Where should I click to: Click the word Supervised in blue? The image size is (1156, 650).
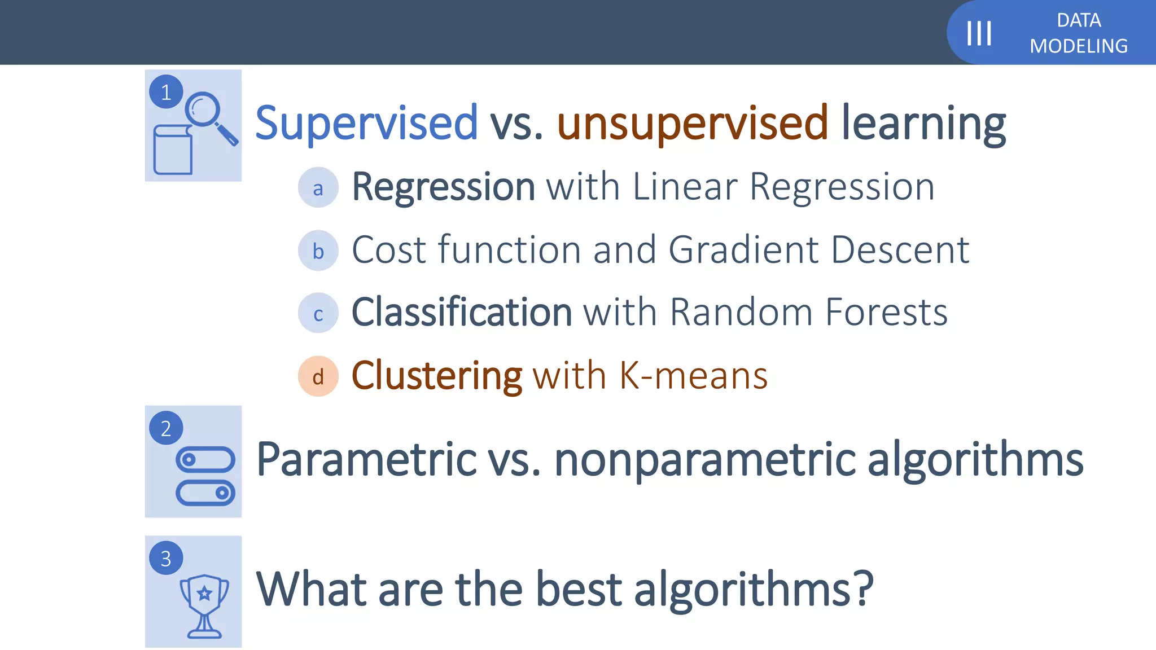tap(366, 123)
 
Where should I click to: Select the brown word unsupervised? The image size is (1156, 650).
tap(693, 123)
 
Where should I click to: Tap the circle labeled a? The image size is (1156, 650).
tap(318, 188)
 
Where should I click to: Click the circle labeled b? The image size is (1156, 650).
tap(318, 251)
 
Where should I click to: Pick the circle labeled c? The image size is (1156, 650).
tap(318, 313)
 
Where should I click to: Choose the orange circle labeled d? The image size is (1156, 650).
tap(318, 376)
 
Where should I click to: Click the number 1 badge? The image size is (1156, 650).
tap(166, 92)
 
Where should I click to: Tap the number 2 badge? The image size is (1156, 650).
tap(166, 428)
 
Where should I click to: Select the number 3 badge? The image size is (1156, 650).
tap(166, 558)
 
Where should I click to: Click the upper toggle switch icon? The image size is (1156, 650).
tap(205, 459)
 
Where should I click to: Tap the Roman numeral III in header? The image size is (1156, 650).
tap(979, 33)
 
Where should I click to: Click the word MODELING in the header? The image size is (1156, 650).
tap(1078, 46)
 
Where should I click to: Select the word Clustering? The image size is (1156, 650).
tap(437, 376)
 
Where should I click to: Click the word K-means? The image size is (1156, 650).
tap(693, 376)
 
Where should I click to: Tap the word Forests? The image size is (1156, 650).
tap(886, 312)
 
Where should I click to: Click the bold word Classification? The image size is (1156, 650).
tap(462, 312)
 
